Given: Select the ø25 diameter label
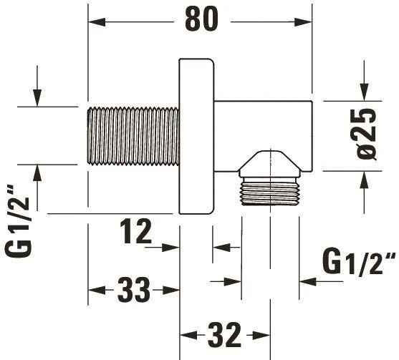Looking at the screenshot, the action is tap(366, 134).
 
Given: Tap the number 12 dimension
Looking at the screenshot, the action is tap(135, 231).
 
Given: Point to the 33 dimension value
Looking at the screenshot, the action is tap(134, 290).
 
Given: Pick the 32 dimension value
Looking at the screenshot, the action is tap(224, 335).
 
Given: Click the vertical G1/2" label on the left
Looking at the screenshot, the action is tap(18, 220).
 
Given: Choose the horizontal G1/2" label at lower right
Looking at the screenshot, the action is tap(359, 263).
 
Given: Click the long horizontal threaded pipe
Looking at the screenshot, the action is tap(133, 136).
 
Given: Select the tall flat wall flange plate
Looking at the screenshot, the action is tap(196, 137).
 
